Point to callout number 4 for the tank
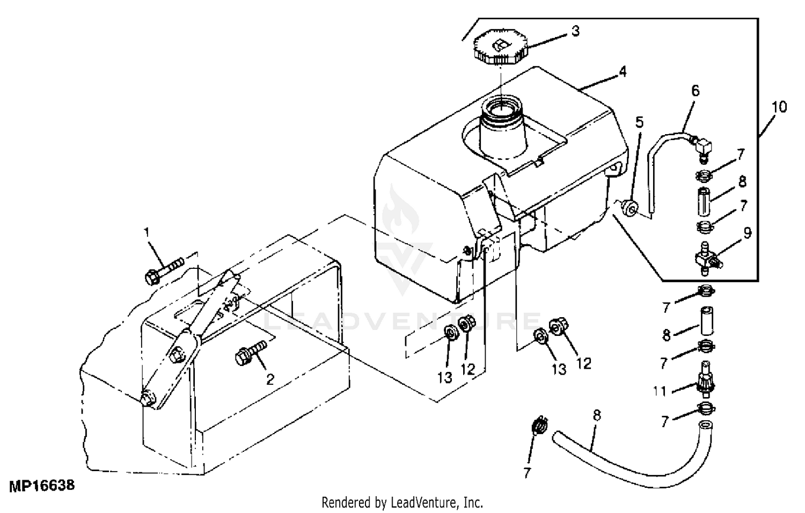[622, 71]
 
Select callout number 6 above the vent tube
[695, 91]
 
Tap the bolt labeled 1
[164, 268]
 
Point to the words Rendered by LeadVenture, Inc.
[402, 503]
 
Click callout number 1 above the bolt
[146, 232]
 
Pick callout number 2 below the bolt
[270, 380]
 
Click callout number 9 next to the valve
[748, 233]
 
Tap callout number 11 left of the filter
[660, 391]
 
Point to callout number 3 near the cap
[575, 31]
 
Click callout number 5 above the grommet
[639, 122]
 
